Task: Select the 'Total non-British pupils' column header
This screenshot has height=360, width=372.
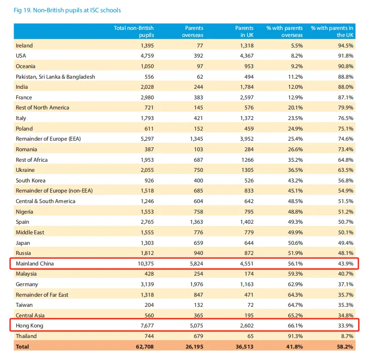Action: pos(134,31)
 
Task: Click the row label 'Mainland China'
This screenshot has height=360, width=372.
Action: pos(35,263)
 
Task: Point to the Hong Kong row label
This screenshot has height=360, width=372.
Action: pos(29,326)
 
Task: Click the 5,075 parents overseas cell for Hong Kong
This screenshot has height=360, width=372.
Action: pos(194,326)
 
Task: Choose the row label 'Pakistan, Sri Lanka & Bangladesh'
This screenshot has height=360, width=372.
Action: pos(55,76)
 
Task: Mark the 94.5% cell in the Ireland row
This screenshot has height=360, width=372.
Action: pos(345,45)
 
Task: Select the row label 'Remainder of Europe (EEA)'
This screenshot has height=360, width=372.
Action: pos(48,139)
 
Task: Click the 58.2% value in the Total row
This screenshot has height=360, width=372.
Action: pos(345,346)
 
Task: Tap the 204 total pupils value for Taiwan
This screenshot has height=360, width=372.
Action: pos(149,305)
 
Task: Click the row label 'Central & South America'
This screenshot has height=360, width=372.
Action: pos(46,201)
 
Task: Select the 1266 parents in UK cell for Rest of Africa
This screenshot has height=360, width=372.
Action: pos(245,160)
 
